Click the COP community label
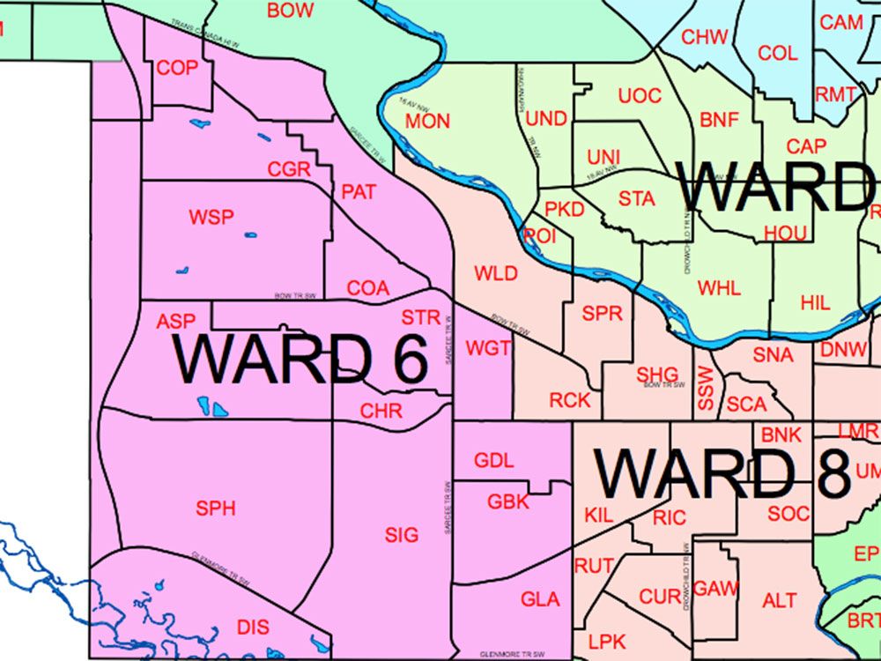point(177,68)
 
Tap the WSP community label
point(211,217)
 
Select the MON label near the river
point(427,122)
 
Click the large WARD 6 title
point(300,360)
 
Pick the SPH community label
point(216,508)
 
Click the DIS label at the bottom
point(253,627)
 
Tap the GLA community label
point(540,599)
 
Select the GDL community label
point(493,460)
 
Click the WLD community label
point(495,273)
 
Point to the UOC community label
point(640,95)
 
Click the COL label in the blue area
point(777,53)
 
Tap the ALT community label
point(779,601)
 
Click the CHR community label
point(381,411)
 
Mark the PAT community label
point(359,191)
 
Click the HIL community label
point(815,302)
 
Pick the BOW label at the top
point(290,11)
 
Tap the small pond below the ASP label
point(212,407)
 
